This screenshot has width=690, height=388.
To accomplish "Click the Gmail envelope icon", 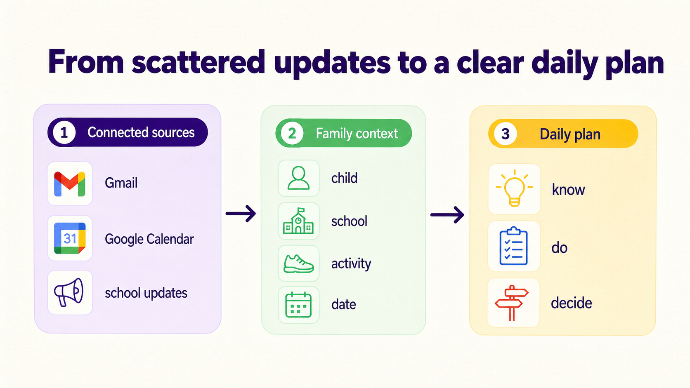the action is coord(70,184).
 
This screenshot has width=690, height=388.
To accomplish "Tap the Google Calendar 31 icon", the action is coord(70,238).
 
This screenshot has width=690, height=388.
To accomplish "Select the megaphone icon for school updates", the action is coord(69,292).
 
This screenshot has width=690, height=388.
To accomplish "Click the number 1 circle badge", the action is coord(64,133).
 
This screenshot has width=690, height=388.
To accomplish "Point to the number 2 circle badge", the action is coord(292,133).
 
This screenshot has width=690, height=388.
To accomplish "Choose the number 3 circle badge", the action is coord(505,134).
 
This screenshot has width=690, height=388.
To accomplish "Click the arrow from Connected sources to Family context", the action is coord(241,213).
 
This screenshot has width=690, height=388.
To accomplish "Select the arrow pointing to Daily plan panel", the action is coord(447,214).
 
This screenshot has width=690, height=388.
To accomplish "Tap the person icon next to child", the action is coord(298,178).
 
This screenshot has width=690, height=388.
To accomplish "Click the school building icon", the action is coord(298,221).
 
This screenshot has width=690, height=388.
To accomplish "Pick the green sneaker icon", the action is coord(298,263).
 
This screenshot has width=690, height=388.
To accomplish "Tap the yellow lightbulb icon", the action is coord(514,188).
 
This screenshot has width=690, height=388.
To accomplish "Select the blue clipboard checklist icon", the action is coord(513,246).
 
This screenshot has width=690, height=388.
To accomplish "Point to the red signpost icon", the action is coord(512,303).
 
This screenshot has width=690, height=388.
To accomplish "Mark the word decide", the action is coord(572,303).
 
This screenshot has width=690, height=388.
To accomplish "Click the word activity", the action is coord(351,264).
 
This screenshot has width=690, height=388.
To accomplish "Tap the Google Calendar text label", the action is coord(149,239).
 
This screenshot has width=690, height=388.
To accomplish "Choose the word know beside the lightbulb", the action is coord(568,189).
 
